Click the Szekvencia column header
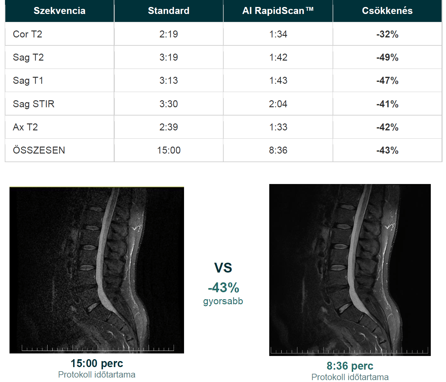click(60, 11)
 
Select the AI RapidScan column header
click(278, 11)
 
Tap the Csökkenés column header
click(387, 11)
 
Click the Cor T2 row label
click(28, 34)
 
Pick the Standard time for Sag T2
click(169, 57)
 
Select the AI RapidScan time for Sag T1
click(278, 80)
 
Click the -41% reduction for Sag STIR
click(387, 104)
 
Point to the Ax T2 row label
click(25, 127)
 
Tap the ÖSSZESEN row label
click(39, 150)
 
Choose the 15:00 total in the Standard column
click(169, 150)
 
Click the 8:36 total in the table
click(278, 150)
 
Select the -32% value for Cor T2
click(387, 34)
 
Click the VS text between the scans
click(223, 268)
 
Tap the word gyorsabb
click(223, 301)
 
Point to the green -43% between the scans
click(224, 287)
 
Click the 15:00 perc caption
click(97, 363)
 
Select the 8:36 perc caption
click(350, 366)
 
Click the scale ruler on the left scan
click(98, 348)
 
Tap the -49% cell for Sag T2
click(387, 57)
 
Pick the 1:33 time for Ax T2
click(278, 127)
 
